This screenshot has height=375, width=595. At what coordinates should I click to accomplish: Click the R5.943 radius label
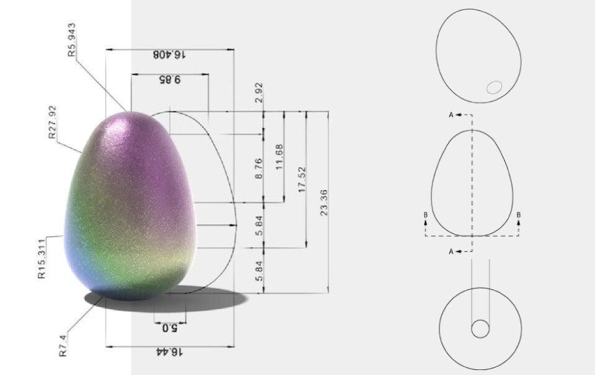(72, 40)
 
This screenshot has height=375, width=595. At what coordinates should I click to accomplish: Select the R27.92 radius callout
(52, 122)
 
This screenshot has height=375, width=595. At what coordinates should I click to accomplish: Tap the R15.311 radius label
(42, 260)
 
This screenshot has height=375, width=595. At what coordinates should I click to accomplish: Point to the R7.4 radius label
(63, 345)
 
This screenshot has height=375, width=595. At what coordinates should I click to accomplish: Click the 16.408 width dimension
(169, 55)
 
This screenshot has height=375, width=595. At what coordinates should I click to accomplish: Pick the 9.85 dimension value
(170, 80)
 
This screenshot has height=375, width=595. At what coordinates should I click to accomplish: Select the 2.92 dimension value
(259, 94)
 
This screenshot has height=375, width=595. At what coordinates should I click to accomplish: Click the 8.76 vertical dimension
(258, 169)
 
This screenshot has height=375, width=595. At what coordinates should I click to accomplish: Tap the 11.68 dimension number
(280, 157)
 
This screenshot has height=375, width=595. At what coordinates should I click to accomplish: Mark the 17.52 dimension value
(302, 179)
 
